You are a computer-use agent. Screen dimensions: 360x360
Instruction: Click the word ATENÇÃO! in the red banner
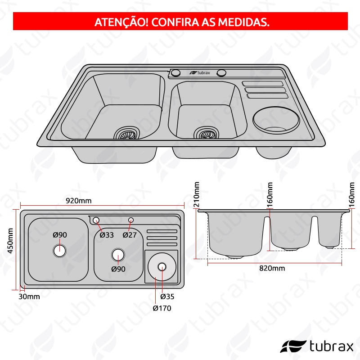(121, 22)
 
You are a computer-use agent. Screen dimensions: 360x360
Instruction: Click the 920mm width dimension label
(79, 201)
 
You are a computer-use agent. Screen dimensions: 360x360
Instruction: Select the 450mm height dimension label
(10, 241)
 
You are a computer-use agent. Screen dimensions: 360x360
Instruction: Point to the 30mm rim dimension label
(29, 297)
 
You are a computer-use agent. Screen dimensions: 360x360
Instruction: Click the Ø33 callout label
(107, 235)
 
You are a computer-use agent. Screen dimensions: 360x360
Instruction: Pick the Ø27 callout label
(130, 235)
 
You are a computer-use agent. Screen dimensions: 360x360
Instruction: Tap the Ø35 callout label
(167, 297)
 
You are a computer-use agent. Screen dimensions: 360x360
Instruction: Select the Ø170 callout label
(162, 308)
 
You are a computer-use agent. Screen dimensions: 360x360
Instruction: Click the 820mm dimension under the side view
(272, 268)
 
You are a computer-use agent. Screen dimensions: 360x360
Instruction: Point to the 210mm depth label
(197, 194)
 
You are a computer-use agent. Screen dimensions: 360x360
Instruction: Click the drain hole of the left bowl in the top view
(59, 251)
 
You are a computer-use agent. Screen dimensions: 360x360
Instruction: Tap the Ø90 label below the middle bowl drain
(118, 269)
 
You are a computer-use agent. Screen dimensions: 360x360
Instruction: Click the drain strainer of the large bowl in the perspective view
(127, 133)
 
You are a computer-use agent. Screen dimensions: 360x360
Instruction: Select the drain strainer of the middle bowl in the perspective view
(206, 133)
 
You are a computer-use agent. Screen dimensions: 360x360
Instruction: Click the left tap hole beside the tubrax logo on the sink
(175, 72)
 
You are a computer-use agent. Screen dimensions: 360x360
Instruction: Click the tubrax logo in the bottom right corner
(317, 346)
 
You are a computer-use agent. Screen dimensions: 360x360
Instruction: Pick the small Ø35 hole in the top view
(162, 267)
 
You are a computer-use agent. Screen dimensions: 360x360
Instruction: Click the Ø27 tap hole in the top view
(131, 220)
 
